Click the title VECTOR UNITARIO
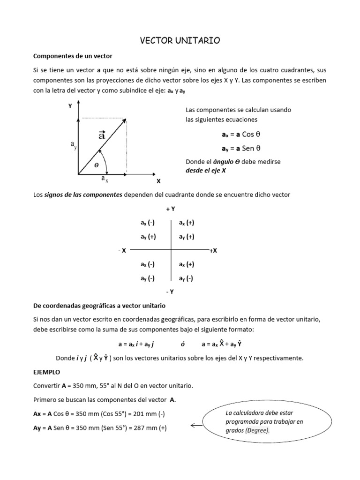(x=180, y=41)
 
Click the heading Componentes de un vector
(x=73, y=56)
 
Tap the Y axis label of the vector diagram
(x=70, y=106)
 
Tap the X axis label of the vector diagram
(x=158, y=181)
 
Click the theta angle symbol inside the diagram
(x=97, y=165)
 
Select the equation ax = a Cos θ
(x=240, y=135)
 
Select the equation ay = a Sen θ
(x=240, y=148)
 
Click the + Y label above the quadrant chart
(x=171, y=209)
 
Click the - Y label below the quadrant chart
(x=170, y=292)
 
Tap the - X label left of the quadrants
(x=122, y=251)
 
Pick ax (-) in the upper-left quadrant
(x=148, y=223)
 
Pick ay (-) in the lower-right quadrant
(x=187, y=278)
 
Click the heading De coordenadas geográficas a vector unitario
(x=99, y=306)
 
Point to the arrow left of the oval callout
(x=196, y=426)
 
